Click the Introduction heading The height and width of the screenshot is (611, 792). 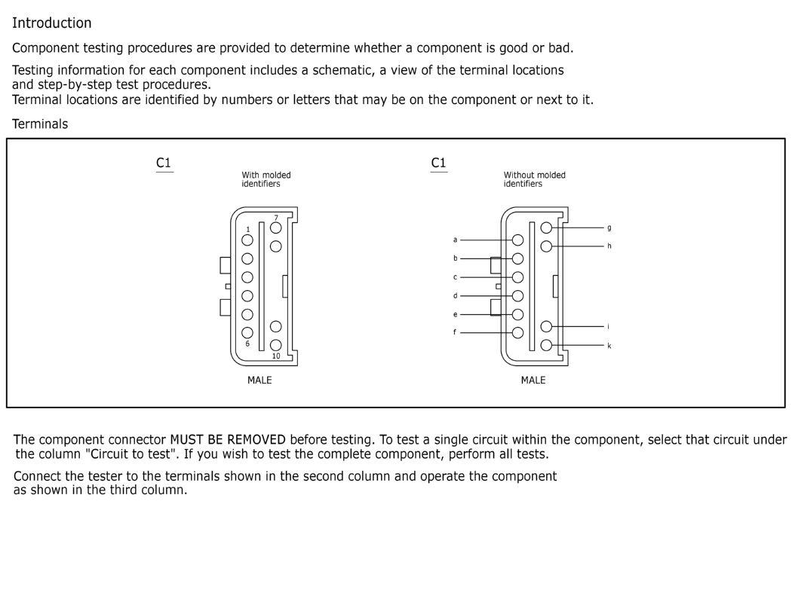(x=52, y=23)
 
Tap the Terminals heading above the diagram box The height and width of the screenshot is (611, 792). (x=40, y=124)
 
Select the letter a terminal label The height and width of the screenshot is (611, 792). (x=455, y=240)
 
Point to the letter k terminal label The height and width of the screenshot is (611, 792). (x=609, y=346)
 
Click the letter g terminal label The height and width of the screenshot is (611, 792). (x=609, y=228)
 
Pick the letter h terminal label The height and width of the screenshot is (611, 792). (x=609, y=246)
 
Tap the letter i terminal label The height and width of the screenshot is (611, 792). (x=608, y=327)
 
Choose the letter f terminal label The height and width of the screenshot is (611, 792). (x=455, y=332)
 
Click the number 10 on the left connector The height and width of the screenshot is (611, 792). (x=276, y=356)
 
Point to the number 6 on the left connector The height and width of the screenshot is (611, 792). (x=247, y=344)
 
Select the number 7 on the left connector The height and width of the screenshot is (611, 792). (x=276, y=218)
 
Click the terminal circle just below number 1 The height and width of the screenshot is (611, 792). (x=247, y=240)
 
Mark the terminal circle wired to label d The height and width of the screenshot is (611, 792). (x=517, y=296)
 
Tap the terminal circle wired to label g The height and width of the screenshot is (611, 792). (x=546, y=228)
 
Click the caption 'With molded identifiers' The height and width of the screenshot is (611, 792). (x=266, y=179)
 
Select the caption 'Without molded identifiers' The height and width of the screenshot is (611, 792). (x=534, y=179)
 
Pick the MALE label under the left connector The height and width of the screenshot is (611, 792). (x=259, y=380)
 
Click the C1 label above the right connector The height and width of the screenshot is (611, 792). (x=438, y=163)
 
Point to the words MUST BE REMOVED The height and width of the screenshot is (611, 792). (x=228, y=440)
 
